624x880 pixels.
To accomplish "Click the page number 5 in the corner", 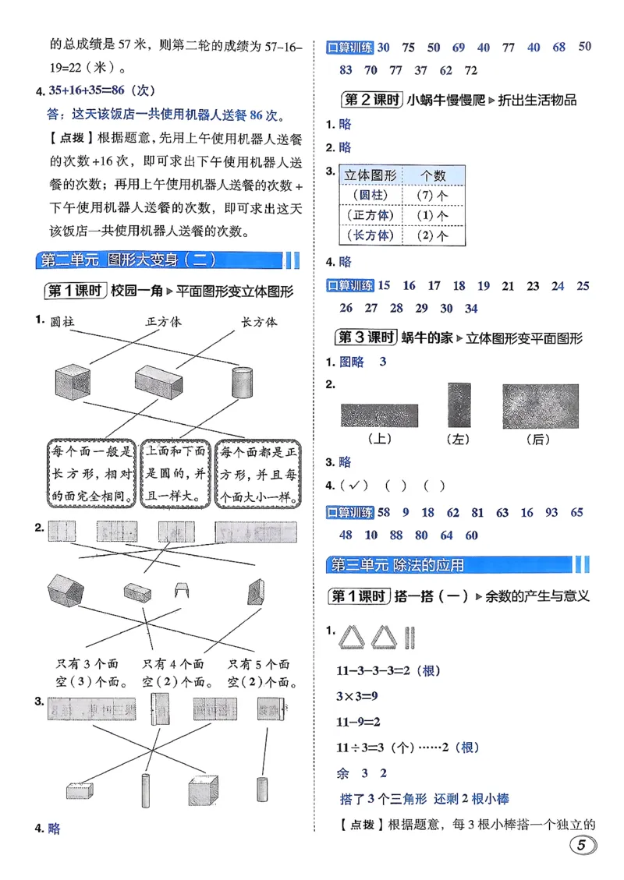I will pos(582,846).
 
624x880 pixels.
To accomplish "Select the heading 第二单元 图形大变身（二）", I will pos(128,260).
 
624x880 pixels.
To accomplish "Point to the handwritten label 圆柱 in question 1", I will pos(67,321).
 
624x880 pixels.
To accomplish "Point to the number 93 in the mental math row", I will pos(551,512).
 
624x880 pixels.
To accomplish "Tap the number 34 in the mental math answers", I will pos(471,308).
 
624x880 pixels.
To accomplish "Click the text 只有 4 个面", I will pos(172,664).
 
